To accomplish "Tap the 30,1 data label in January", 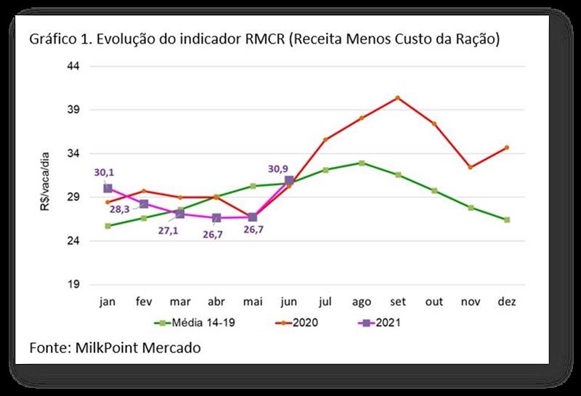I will pyautogui.click(x=104, y=173).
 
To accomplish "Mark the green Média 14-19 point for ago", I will pyautogui.click(x=361, y=163).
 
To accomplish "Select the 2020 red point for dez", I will pyautogui.click(x=506, y=148).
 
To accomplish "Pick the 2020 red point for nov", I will pyautogui.click(x=470, y=167).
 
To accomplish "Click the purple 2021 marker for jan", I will pyautogui.click(x=107, y=188).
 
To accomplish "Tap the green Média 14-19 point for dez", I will pyautogui.click(x=506, y=219).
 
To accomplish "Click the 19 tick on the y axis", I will pyautogui.click(x=73, y=284).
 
